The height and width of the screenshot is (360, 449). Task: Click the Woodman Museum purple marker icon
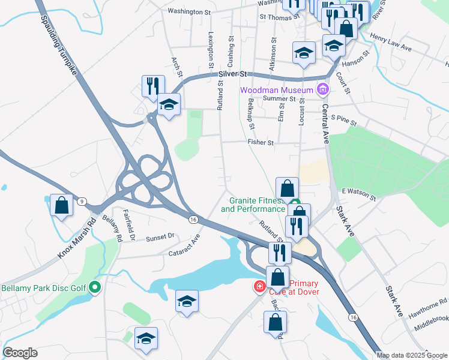coord(323,91)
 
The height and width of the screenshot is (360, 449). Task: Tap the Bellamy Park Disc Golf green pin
coord(94,288)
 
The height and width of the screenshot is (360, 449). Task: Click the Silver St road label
coord(233,74)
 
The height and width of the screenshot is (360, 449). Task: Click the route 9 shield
coord(82,201)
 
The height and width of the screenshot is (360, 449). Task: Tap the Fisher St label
coord(261,143)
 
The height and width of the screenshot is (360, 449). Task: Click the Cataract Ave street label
coord(187,245)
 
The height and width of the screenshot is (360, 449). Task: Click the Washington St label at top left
coord(189,11)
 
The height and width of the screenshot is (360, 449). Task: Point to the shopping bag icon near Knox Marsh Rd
coord(61,205)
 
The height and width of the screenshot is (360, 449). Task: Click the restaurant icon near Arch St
coord(153,85)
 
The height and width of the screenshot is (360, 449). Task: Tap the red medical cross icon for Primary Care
coord(259,287)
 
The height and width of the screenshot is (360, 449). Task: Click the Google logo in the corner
coord(20,353)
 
